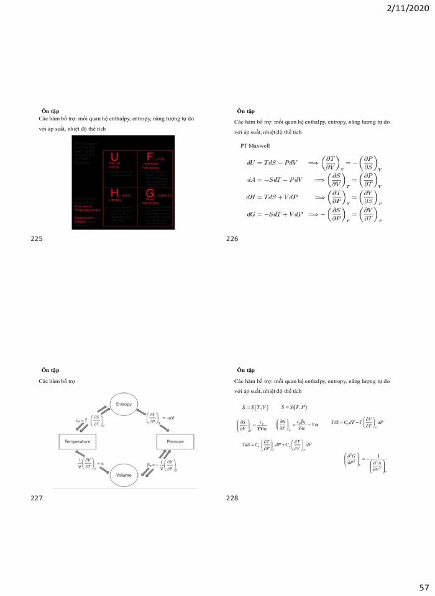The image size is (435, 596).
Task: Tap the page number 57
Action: tap(424, 587)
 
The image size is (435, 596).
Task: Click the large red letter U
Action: tap(114, 156)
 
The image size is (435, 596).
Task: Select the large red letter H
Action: tap(114, 195)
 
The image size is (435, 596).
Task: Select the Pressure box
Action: tap(170, 441)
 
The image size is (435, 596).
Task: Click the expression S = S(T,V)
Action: tap(255, 407)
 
